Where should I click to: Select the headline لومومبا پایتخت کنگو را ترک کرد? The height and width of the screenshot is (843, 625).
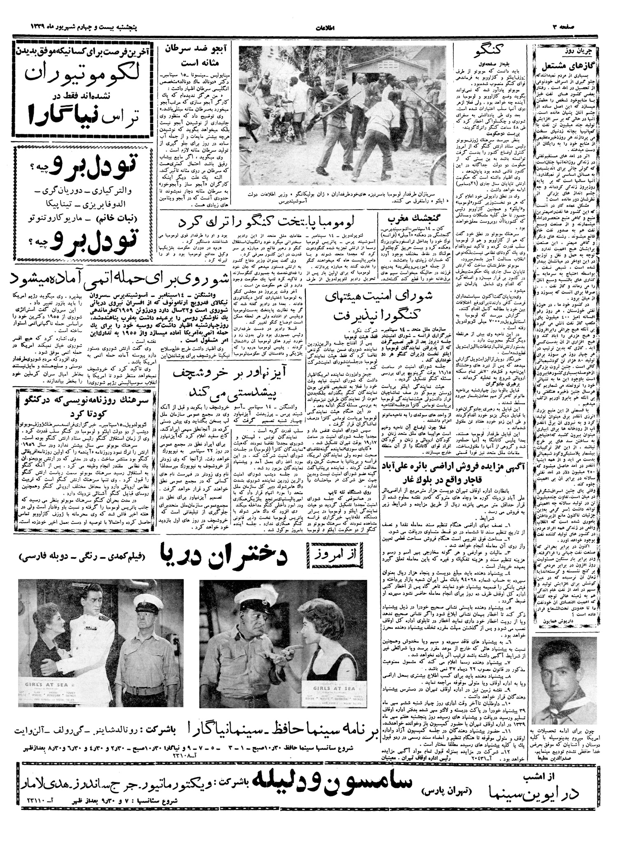click(269, 222)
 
